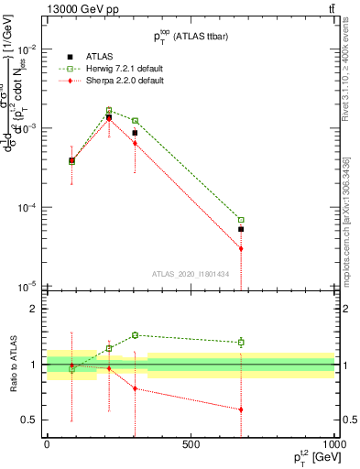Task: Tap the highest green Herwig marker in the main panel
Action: coord(109,110)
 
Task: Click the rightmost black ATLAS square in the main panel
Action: coord(241,229)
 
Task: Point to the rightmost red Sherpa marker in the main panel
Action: coord(241,248)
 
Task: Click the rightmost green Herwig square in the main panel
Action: coord(241,220)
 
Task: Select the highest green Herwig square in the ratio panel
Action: coord(135,335)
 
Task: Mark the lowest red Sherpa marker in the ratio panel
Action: coord(241,409)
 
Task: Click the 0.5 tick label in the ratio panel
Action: coord(32,420)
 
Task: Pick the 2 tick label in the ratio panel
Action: coord(37,310)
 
